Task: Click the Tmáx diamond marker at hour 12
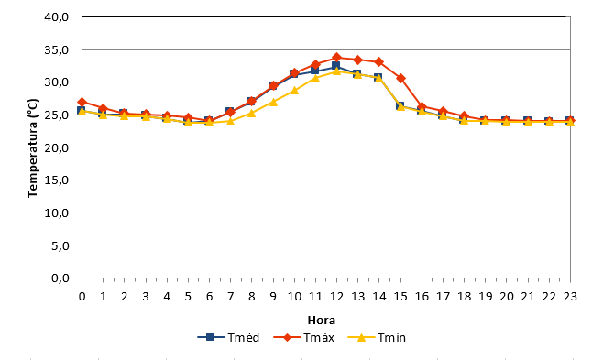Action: point(336,58)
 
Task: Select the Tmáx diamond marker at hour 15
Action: point(400,79)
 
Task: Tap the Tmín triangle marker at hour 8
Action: point(251,113)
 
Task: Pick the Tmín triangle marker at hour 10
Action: point(294,91)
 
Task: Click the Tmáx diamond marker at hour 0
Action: point(82,102)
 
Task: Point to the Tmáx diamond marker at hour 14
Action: point(378,61)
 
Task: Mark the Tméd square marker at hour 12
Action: point(335,66)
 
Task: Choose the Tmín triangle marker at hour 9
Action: point(273,102)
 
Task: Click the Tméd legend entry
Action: point(228,337)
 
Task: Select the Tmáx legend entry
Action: point(304,337)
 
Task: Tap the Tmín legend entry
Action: point(377,337)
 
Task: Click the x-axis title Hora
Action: point(322,320)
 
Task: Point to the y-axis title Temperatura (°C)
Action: point(33,147)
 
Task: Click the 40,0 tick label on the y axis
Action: point(57,17)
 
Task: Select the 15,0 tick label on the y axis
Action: point(57,180)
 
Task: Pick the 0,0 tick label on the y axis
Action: point(60,278)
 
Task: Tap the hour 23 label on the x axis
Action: point(570,296)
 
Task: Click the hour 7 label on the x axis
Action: point(230,296)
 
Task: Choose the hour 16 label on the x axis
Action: point(422,296)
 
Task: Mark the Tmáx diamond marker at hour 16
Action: point(422,107)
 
